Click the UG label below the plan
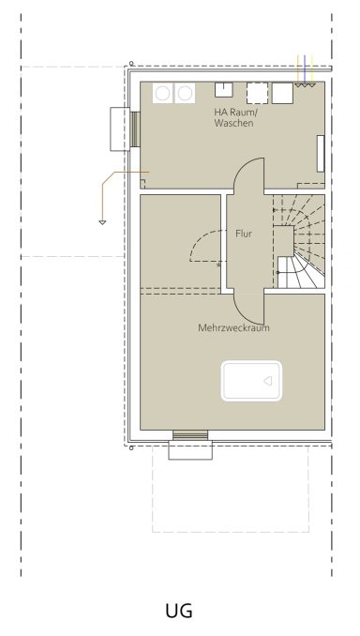pos(179,611)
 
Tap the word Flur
pos(244,234)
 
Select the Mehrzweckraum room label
pos(233,327)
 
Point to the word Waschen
pos(234,123)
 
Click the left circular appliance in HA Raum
pos(163,93)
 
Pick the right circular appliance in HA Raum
pos(185,93)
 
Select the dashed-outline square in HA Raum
pos(258,93)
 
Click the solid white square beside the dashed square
pos(282,93)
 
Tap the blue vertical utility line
pos(305,69)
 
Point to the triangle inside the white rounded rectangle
pos(268,381)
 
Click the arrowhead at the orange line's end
pos(102,222)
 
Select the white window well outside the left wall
pos(120,129)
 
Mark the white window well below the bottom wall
pos(190,450)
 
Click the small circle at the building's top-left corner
pos(131,63)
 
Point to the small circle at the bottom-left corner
pos(131,448)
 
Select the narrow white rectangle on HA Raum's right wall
pos(321,154)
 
